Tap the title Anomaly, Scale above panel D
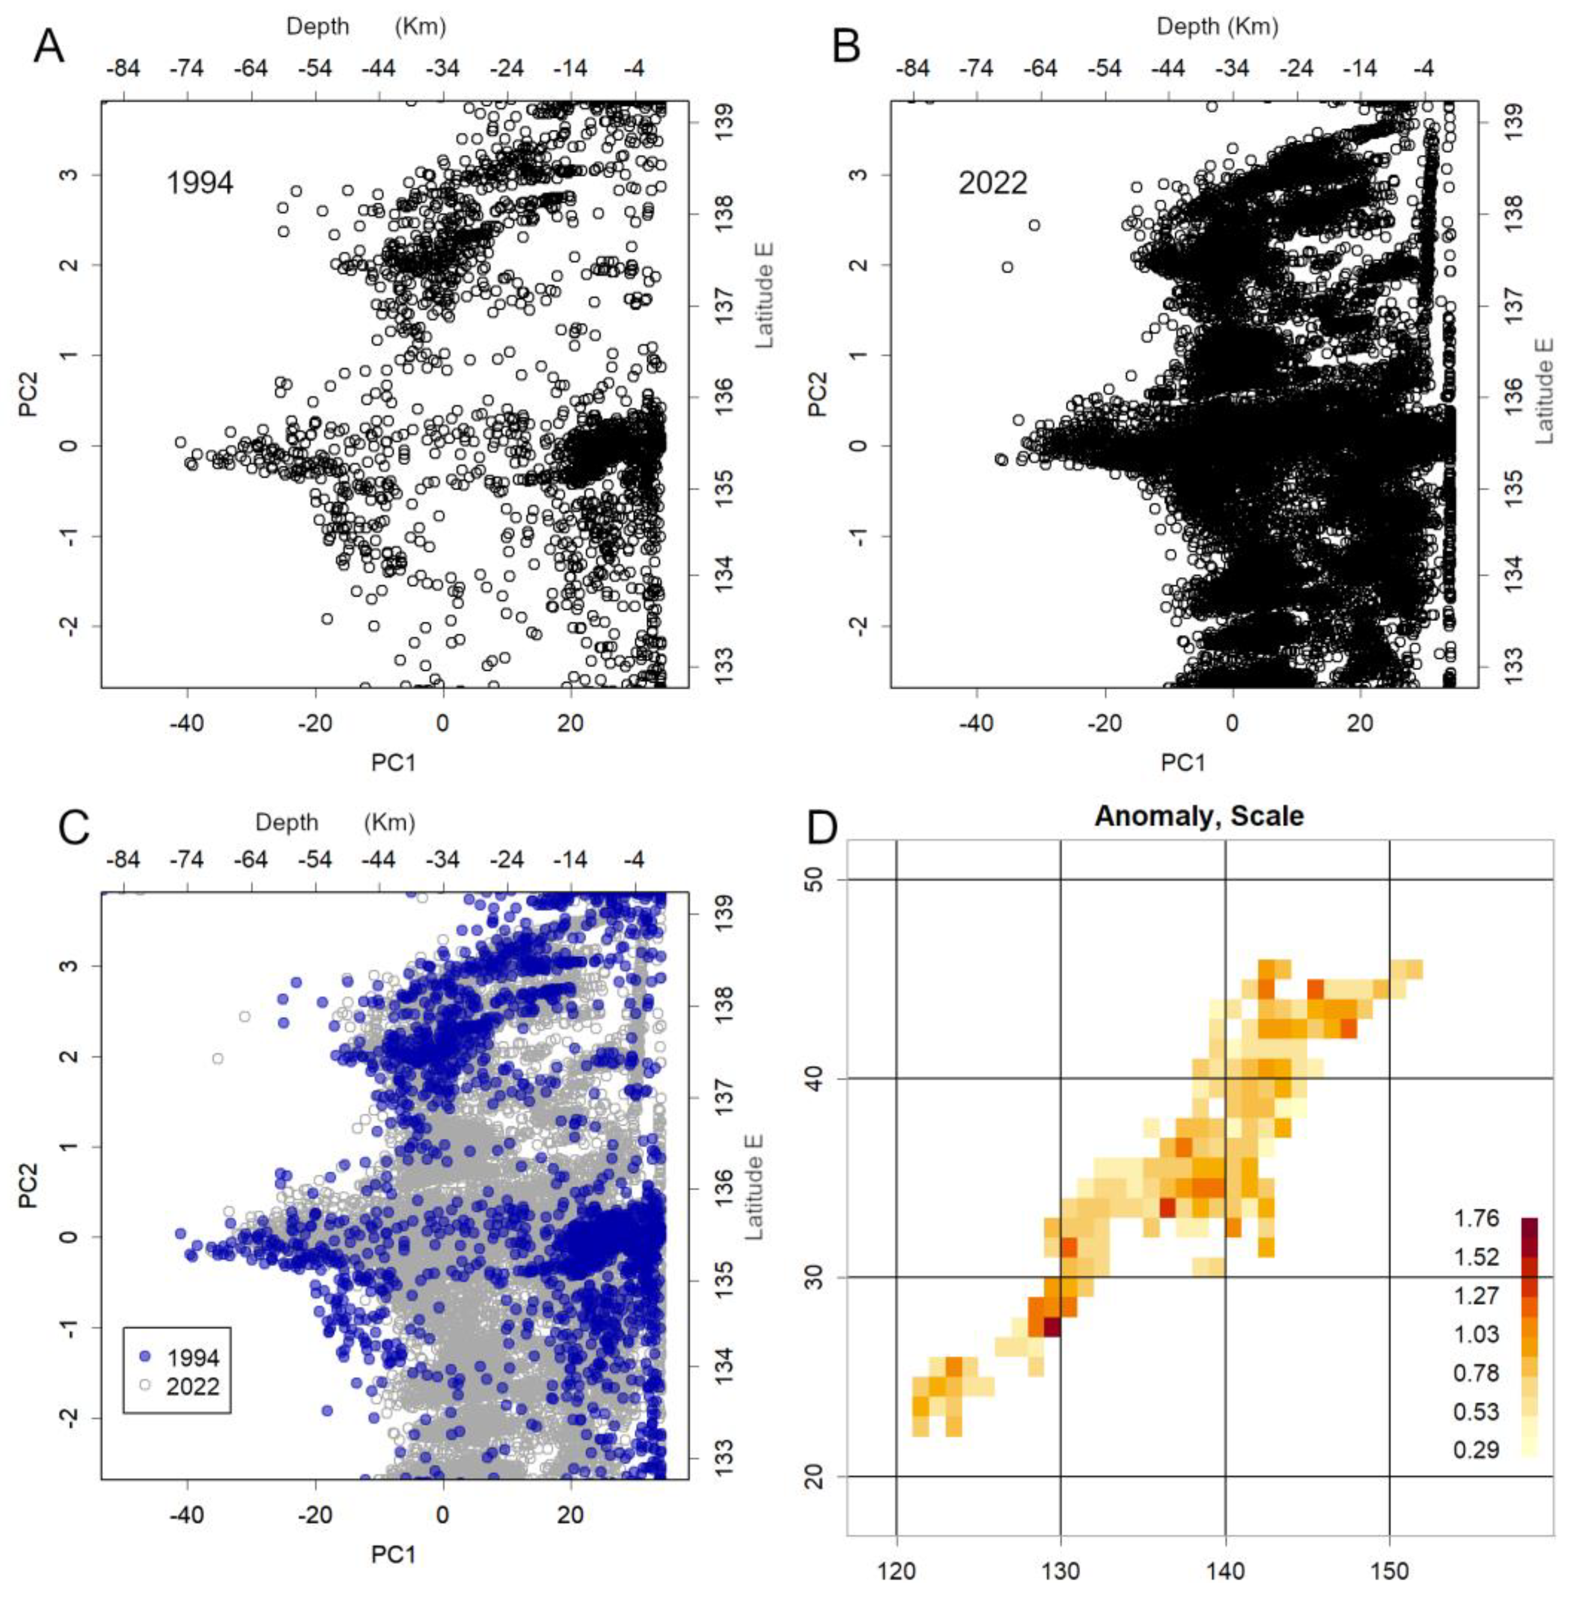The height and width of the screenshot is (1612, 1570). click(1199, 816)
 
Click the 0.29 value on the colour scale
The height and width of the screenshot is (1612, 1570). click(1476, 1450)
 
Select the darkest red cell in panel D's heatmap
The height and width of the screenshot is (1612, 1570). click(1052, 1328)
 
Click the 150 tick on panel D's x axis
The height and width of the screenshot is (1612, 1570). click(1390, 1571)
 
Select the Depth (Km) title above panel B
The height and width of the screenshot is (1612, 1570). click(1217, 26)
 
